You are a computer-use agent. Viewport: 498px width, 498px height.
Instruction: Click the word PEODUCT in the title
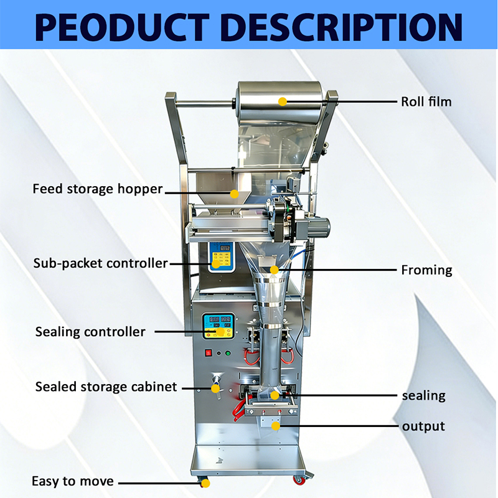click(x=122, y=27)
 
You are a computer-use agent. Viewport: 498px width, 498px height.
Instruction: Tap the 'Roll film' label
click(x=426, y=101)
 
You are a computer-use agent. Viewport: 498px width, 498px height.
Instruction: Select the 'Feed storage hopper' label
click(x=98, y=189)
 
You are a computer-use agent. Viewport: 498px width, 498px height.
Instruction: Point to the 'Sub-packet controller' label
click(x=100, y=263)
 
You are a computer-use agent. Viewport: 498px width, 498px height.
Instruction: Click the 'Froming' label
click(x=426, y=270)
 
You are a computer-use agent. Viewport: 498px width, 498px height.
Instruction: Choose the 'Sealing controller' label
click(x=90, y=332)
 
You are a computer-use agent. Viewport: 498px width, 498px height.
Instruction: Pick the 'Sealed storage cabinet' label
click(x=106, y=387)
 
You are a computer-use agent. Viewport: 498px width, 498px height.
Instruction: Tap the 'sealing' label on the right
click(x=424, y=396)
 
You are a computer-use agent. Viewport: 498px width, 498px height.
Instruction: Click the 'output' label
click(x=423, y=426)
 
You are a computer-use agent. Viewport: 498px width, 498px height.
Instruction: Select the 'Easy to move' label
click(x=73, y=481)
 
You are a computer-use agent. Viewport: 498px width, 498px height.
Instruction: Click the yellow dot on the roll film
click(x=283, y=101)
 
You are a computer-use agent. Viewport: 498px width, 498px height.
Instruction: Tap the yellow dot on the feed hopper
click(x=235, y=194)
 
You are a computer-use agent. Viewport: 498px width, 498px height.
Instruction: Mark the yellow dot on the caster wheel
click(x=206, y=484)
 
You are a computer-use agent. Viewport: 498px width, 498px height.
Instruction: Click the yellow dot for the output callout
click(x=276, y=426)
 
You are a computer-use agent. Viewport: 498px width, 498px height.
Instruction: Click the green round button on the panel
click(x=228, y=353)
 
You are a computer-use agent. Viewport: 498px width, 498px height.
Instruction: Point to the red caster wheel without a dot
click(x=299, y=480)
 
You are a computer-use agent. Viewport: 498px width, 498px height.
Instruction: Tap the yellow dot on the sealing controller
click(x=220, y=332)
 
